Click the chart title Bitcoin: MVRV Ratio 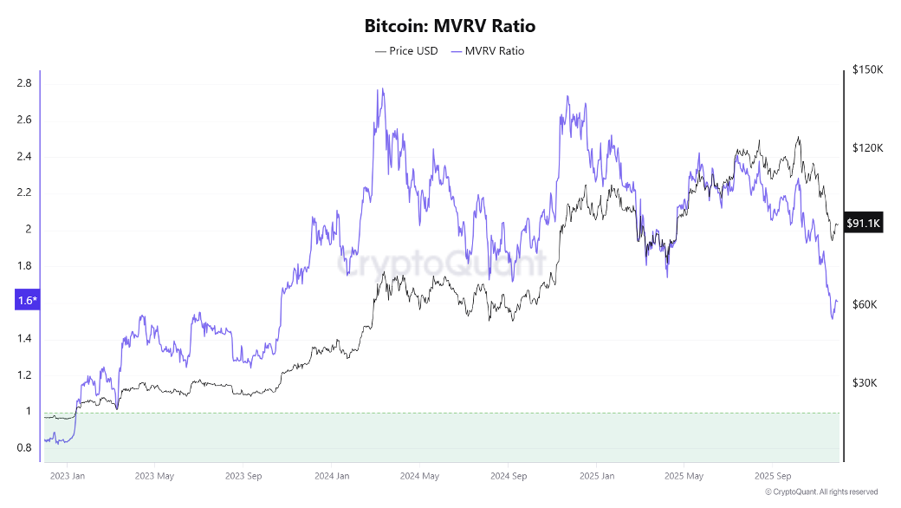(450, 26)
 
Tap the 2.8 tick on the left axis (24, 83)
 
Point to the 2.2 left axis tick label (24, 192)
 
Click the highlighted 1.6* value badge (26, 301)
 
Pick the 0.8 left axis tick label (24, 447)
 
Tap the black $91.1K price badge (863, 224)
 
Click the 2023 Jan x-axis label (67, 476)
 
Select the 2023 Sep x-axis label (243, 476)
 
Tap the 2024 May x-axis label (419, 476)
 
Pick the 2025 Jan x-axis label (596, 476)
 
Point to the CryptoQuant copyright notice (821, 492)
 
